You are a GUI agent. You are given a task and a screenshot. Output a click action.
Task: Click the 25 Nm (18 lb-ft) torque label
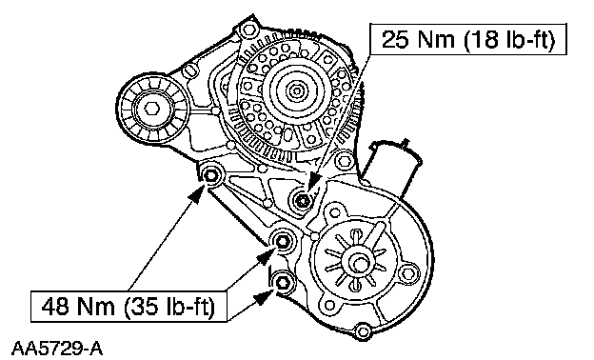point(467,39)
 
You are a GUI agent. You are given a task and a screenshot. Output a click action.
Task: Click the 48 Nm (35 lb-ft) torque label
point(129,306)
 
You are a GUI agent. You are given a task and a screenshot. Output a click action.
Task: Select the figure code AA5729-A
point(57,349)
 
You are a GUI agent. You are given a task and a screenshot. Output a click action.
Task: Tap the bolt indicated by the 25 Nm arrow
point(302,200)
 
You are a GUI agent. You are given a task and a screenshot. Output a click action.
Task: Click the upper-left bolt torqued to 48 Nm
point(209,176)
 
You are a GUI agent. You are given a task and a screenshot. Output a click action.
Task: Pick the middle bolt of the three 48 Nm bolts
point(282,241)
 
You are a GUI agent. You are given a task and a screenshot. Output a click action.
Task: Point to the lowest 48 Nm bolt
point(282,282)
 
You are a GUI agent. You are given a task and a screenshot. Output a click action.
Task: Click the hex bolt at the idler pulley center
point(151,109)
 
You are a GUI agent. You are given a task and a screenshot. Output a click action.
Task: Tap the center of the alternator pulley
point(296,90)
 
